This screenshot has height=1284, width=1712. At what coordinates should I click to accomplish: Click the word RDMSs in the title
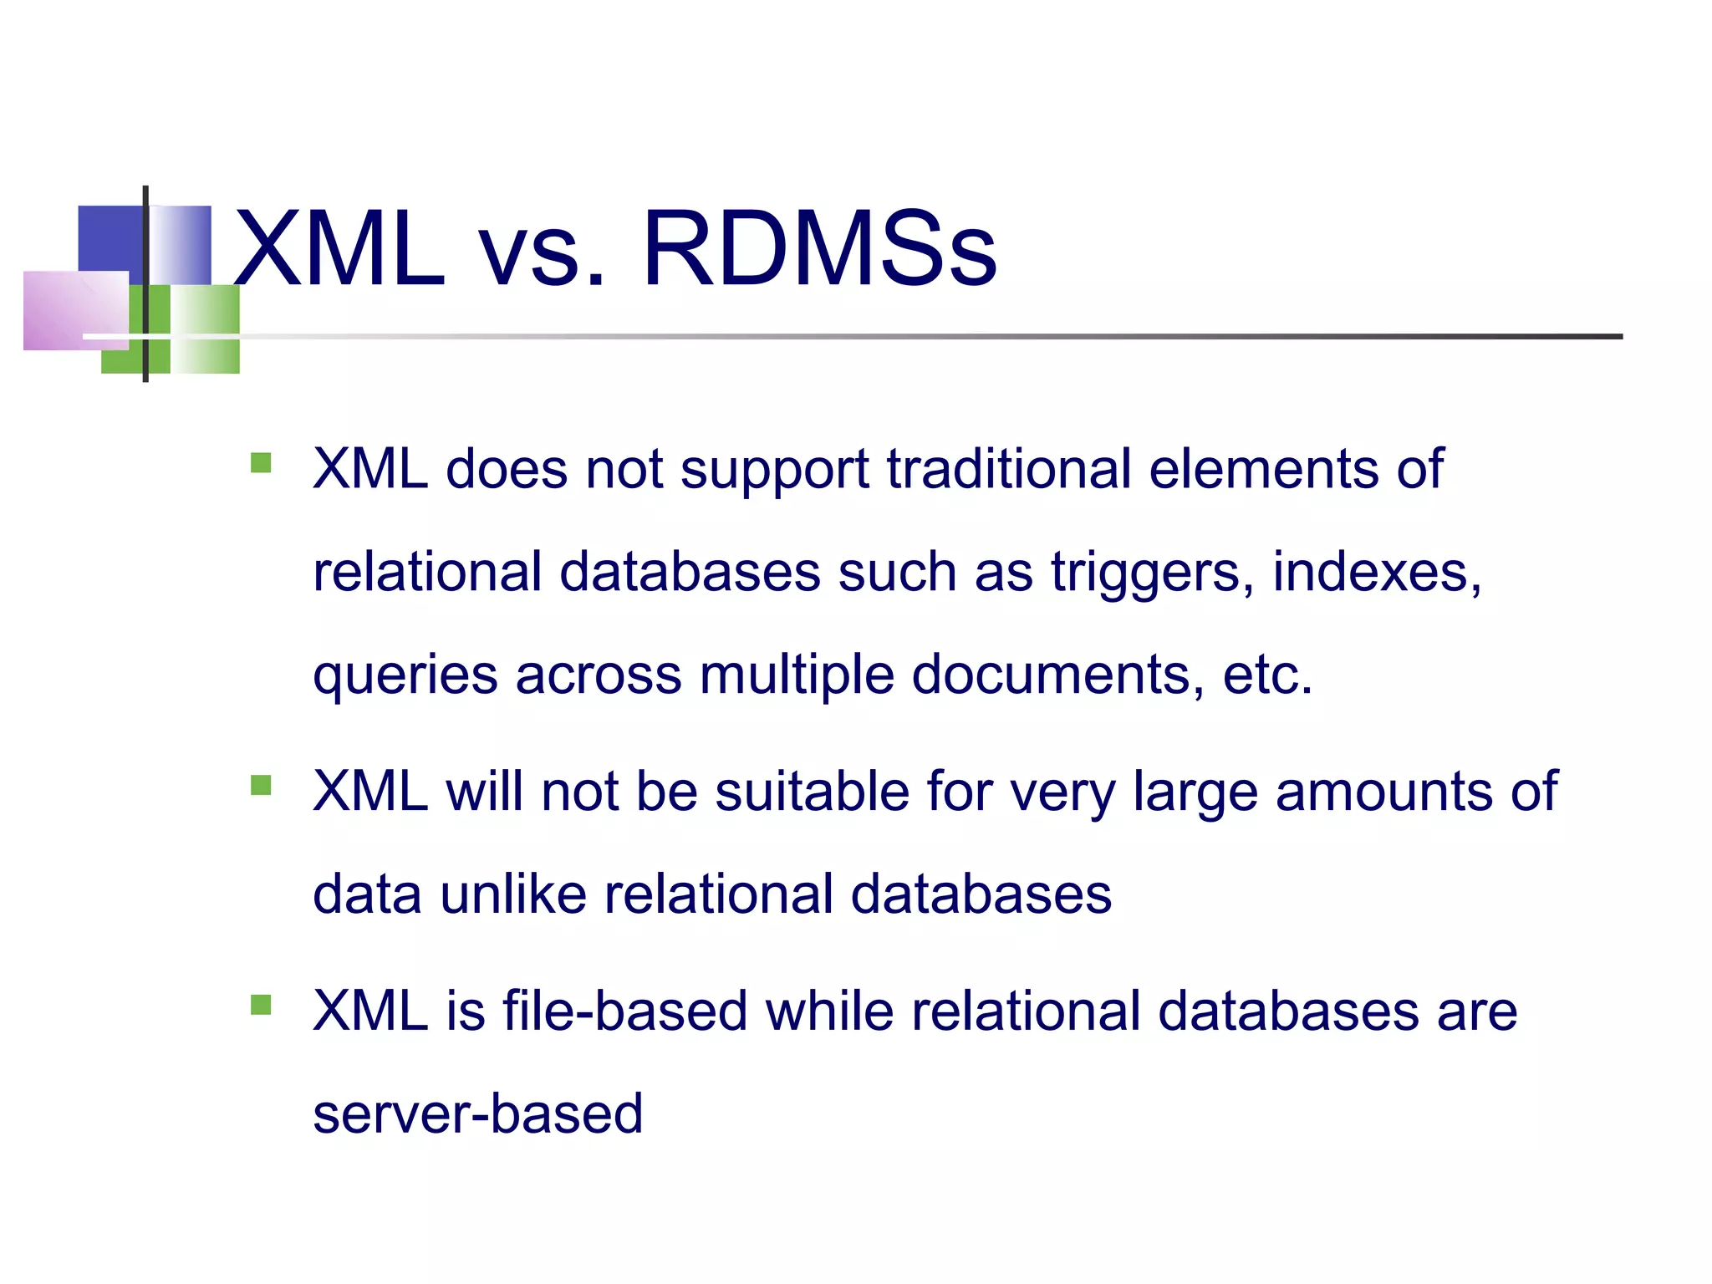pyautogui.click(x=819, y=249)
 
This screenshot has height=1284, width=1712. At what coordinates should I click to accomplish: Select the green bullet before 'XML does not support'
pyautogui.click(x=261, y=462)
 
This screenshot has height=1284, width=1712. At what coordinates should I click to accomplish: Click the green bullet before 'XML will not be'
pyautogui.click(x=261, y=785)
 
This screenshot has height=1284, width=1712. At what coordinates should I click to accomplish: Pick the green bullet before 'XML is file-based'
pyautogui.click(x=261, y=1004)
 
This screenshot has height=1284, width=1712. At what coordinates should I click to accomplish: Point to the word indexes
pyautogui.click(x=1376, y=573)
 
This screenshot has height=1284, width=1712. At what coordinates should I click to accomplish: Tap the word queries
pyautogui.click(x=405, y=676)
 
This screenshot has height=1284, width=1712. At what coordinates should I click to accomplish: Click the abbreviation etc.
pyautogui.click(x=1267, y=675)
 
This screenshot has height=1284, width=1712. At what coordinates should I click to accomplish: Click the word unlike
pyautogui.click(x=513, y=894)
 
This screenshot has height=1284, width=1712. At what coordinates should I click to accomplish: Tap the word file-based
pyautogui.click(x=624, y=1011)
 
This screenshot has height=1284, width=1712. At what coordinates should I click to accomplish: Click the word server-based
pyautogui.click(x=477, y=1114)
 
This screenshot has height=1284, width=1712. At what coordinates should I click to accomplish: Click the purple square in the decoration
pyautogui.click(x=75, y=310)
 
